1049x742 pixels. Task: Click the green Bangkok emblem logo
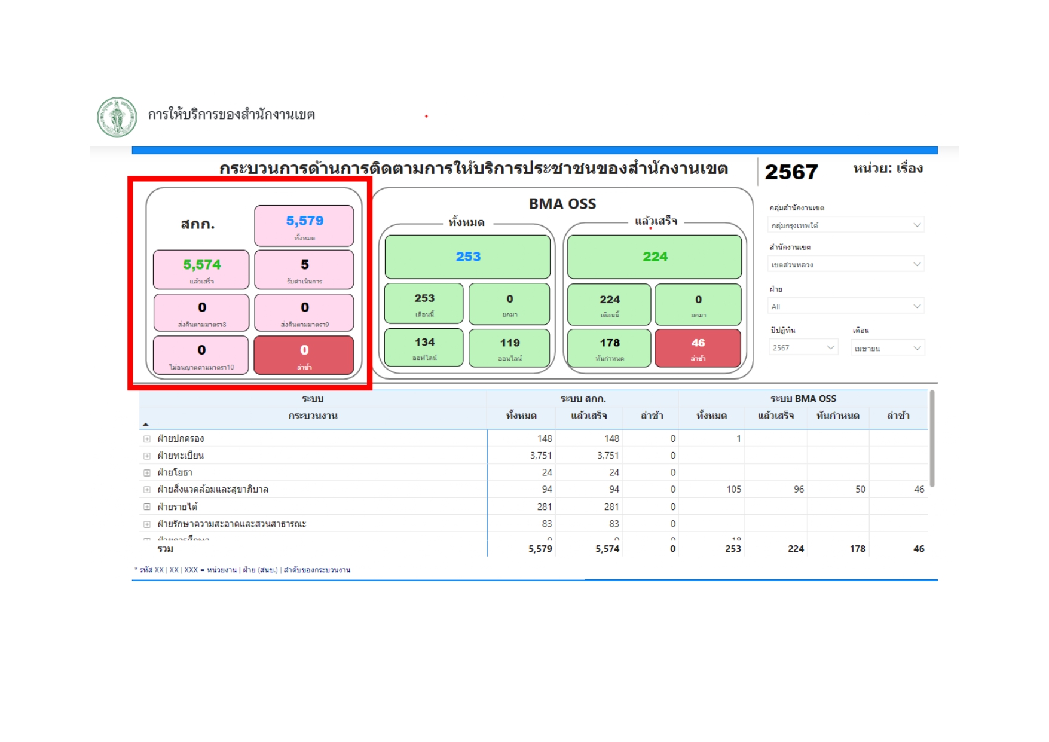(117, 117)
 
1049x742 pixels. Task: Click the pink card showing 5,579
(304, 225)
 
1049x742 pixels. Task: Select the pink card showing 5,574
(201, 269)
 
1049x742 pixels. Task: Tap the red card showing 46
(698, 347)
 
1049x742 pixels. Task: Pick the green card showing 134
(424, 347)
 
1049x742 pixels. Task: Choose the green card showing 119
(509, 347)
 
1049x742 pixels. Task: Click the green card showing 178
(609, 347)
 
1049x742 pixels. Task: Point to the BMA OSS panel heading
(562, 204)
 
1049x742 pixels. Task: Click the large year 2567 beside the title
(791, 172)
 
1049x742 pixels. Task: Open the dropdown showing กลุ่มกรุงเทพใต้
(845, 225)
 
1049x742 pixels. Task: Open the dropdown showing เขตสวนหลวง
(845, 264)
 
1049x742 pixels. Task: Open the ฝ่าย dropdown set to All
(845, 306)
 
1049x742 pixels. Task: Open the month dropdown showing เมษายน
(887, 348)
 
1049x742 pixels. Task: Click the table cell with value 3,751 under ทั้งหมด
(540, 456)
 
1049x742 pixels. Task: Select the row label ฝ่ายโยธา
(175, 472)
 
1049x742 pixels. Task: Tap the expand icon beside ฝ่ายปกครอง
(147, 439)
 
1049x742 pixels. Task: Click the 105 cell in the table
(733, 489)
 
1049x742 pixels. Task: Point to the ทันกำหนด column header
(837, 416)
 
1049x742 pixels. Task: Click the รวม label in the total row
(166, 549)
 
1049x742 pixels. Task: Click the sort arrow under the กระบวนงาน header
(146, 425)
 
